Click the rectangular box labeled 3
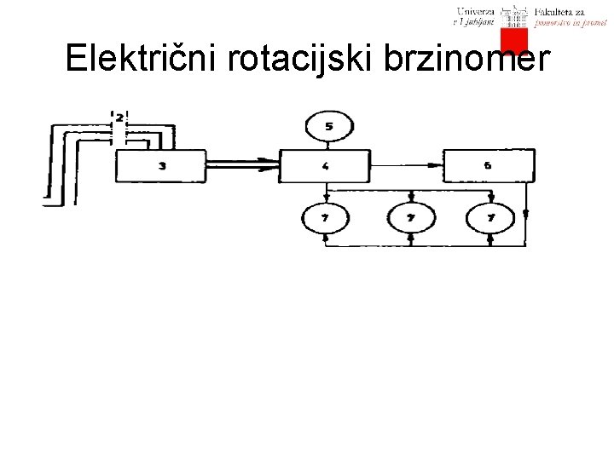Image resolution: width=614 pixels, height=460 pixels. (x=161, y=166)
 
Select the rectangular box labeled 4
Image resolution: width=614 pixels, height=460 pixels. (x=326, y=166)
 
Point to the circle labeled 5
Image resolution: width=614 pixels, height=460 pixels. (x=328, y=128)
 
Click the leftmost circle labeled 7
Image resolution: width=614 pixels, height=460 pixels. (x=327, y=219)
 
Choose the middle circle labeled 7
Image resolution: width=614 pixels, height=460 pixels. (x=411, y=219)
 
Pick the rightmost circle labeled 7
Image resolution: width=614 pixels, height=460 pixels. (x=491, y=219)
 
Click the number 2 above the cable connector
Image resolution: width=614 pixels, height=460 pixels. (x=119, y=116)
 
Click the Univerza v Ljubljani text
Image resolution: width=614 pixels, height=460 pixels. (x=476, y=16)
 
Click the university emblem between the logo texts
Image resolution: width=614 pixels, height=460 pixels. (x=515, y=15)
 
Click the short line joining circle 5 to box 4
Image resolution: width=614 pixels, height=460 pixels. (x=328, y=147)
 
